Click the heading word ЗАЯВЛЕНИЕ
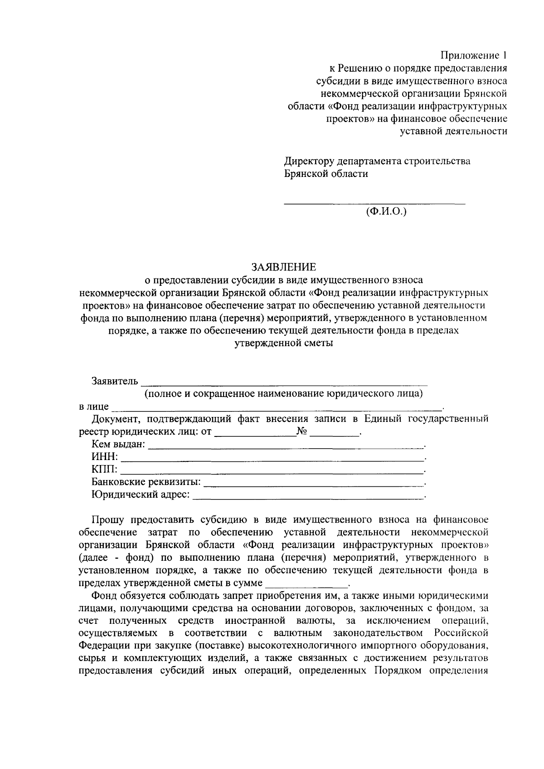click(x=283, y=266)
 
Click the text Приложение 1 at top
click(x=474, y=56)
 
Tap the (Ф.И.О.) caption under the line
click(x=386, y=211)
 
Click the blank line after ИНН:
click(x=272, y=459)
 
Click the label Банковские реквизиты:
click(x=146, y=482)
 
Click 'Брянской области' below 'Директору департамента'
click(x=326, y=174)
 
